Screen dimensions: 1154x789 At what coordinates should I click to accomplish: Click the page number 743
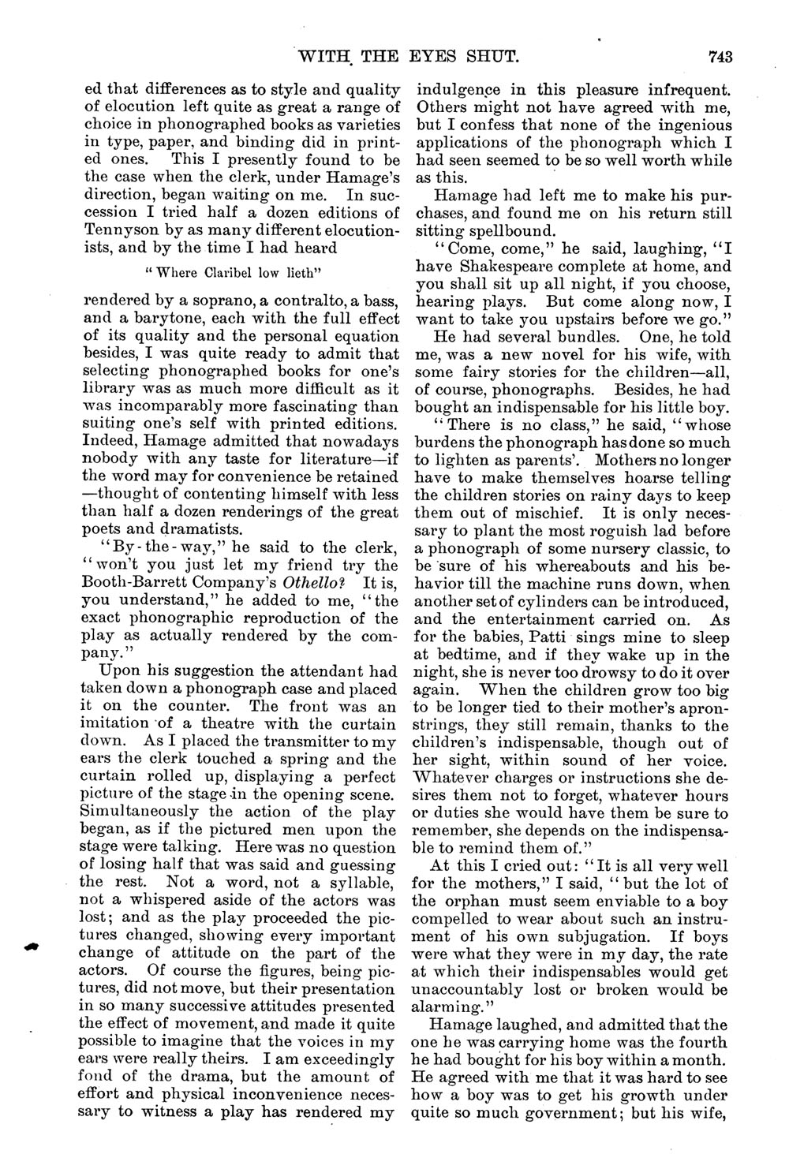(721, 56)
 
